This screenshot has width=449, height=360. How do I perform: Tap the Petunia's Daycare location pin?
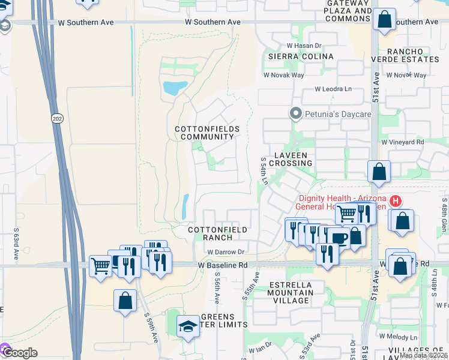295,113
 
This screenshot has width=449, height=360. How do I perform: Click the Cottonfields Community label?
207,133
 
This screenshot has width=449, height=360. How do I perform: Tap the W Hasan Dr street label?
304,45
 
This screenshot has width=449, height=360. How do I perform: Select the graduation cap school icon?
188,326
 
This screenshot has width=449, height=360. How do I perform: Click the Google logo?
20,353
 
